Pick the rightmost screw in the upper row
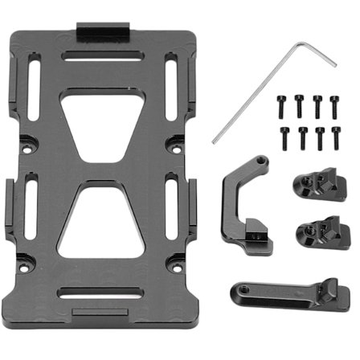(333, 102)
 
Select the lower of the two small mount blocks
(316, 231)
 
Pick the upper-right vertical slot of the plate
(170, 75)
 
